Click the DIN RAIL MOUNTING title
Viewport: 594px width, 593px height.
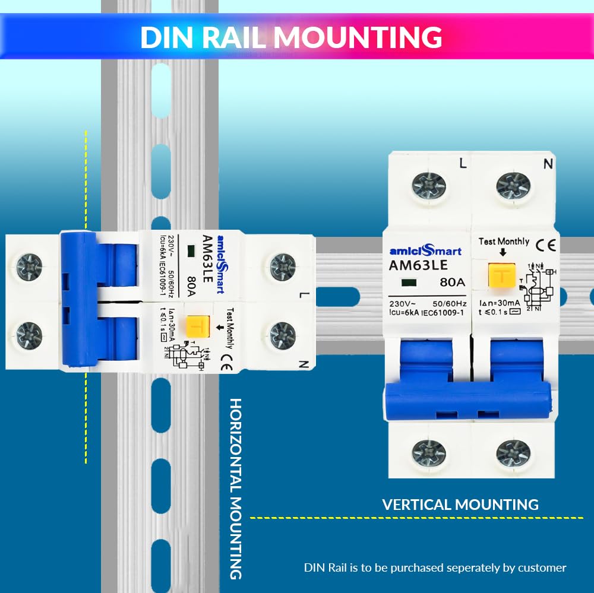[x=291, y=36]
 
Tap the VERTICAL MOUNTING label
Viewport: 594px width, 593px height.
[x=460, y=505]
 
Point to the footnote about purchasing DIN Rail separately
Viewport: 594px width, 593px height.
[x=435, y=567]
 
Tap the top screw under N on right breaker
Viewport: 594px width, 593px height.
[x=513, y=185]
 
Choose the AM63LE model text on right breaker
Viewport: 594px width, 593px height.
[x=418, y=265]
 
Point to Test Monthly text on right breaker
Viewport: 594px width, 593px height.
[x=504, y=241]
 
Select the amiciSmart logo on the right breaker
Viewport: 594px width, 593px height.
[x=425, y=251]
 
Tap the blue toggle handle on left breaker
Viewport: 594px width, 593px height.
[x=80, y=300]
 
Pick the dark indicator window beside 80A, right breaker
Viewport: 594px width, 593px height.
[x=407, y=283]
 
